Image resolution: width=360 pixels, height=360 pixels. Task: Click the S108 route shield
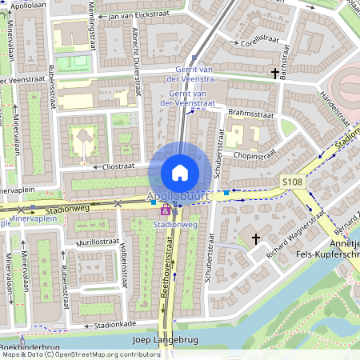pos(293,183)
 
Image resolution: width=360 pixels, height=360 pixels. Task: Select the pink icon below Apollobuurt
pos(166,210)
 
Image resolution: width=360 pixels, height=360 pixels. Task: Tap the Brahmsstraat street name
pos(250,113)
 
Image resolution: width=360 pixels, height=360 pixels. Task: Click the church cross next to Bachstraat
pos(275,74)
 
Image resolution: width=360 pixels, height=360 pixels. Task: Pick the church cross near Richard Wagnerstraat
pos(256,238)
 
